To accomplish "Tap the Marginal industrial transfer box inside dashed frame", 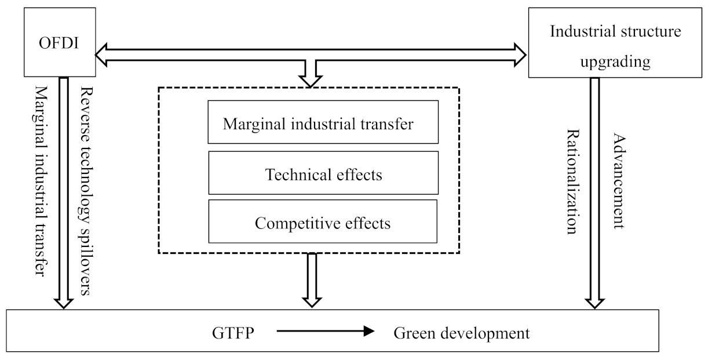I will point(323,122).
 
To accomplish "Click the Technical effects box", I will point(323,173).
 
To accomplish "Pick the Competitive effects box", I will point(323,222).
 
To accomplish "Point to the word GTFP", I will point(231,333).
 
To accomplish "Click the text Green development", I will point(461,333).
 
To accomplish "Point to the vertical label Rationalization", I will point(572,181).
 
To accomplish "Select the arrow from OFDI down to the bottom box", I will point(63,191).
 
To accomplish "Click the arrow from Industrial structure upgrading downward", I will point(595,191).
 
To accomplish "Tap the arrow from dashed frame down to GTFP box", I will point(312,279).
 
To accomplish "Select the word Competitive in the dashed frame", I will point(282,222).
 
